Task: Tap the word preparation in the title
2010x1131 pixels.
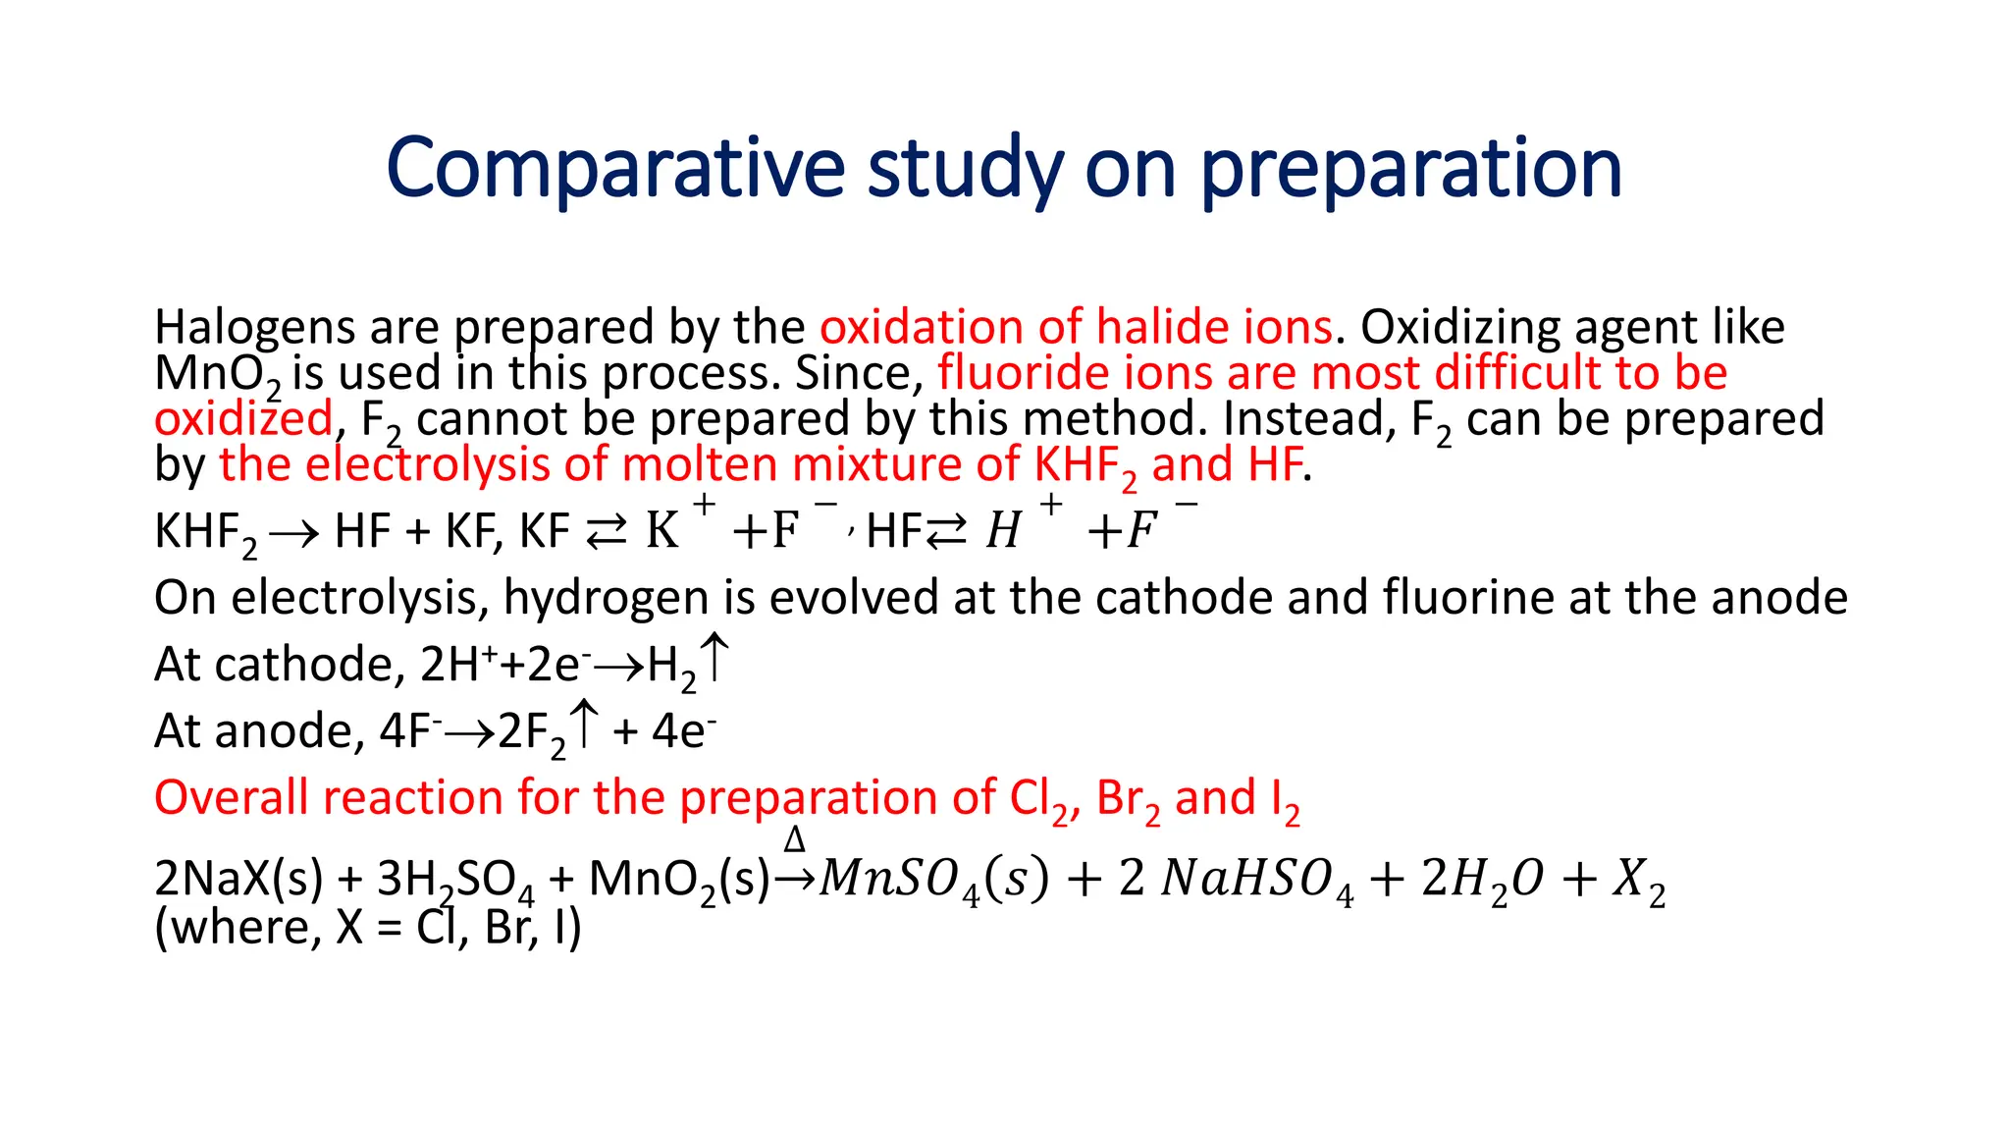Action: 1411,168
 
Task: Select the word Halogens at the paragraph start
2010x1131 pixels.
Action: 254,327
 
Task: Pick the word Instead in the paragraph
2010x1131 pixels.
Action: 1304,419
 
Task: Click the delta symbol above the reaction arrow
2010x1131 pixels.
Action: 795,839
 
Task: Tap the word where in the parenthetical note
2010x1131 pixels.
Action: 247,928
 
